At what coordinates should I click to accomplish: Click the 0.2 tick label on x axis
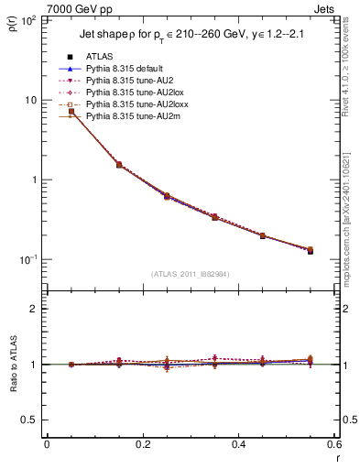pyautogui.click(x=143, y=445)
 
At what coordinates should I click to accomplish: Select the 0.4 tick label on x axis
pyautogui.click(x=239, y=445)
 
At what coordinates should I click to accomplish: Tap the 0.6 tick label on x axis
pyautogui.click(x=333, y=445)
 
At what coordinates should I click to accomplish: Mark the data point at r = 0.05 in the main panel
pyautogui.click(x=71, y=112)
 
